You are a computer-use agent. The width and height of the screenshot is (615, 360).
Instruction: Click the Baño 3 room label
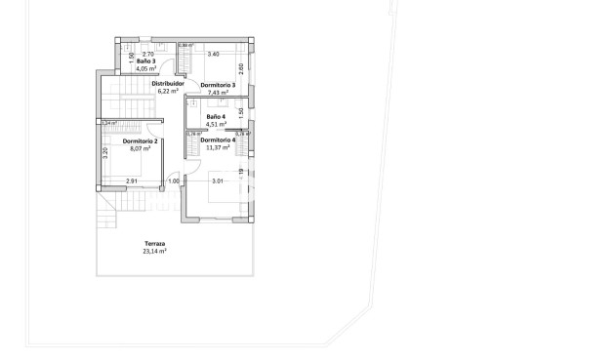coord(146,61)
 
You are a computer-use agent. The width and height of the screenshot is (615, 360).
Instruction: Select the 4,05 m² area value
coord(146,69)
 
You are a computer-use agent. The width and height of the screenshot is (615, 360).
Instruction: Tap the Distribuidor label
coord(168,84)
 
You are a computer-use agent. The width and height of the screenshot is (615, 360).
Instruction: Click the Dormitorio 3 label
coord(218,85)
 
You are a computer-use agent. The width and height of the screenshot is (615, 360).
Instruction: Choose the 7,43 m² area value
coord(218,93)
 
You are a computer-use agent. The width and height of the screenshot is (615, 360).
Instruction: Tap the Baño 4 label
coord(216,116)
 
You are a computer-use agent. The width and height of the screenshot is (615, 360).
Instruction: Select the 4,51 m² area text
coord(216,124)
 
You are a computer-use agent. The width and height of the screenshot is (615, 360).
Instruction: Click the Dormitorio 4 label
coord(218,140)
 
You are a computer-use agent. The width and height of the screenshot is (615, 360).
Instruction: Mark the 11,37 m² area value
coord(218,147)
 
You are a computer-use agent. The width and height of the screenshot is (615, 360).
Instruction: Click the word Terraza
coord(154,243)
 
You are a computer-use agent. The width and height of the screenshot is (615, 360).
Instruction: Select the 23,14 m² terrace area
coord(154,251)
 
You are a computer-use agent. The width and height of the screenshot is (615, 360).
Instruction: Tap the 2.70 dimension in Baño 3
coord(147,54)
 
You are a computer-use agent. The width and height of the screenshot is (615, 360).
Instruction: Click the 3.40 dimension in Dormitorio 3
coord(213,54)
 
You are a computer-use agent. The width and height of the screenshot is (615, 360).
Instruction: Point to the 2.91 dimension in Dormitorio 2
coord(132,181)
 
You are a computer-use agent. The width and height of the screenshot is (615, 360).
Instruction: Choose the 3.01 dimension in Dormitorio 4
coord(219,181)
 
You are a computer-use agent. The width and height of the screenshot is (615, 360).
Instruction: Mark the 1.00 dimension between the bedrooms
coord(174,181)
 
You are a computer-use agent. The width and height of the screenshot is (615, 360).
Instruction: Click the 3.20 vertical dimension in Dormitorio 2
coord(104,154)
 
